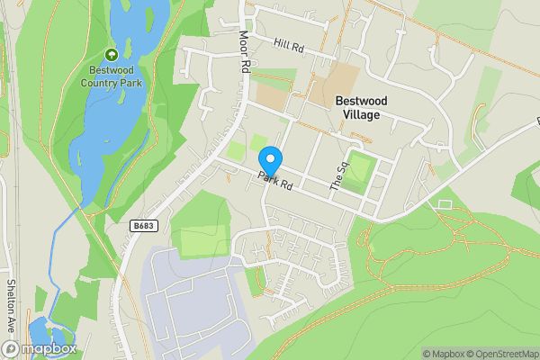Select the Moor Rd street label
pyautogui.click(x=244, y=52)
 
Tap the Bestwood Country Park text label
pyautogui.click(x=112, y=76)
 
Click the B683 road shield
pyautogui.click(x=139, y=224)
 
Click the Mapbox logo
pyautogui.click(x=40, y=348)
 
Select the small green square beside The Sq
pyautogui.click(x=359, y=168)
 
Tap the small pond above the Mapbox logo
pyautogui.click(x=40, y=328)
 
